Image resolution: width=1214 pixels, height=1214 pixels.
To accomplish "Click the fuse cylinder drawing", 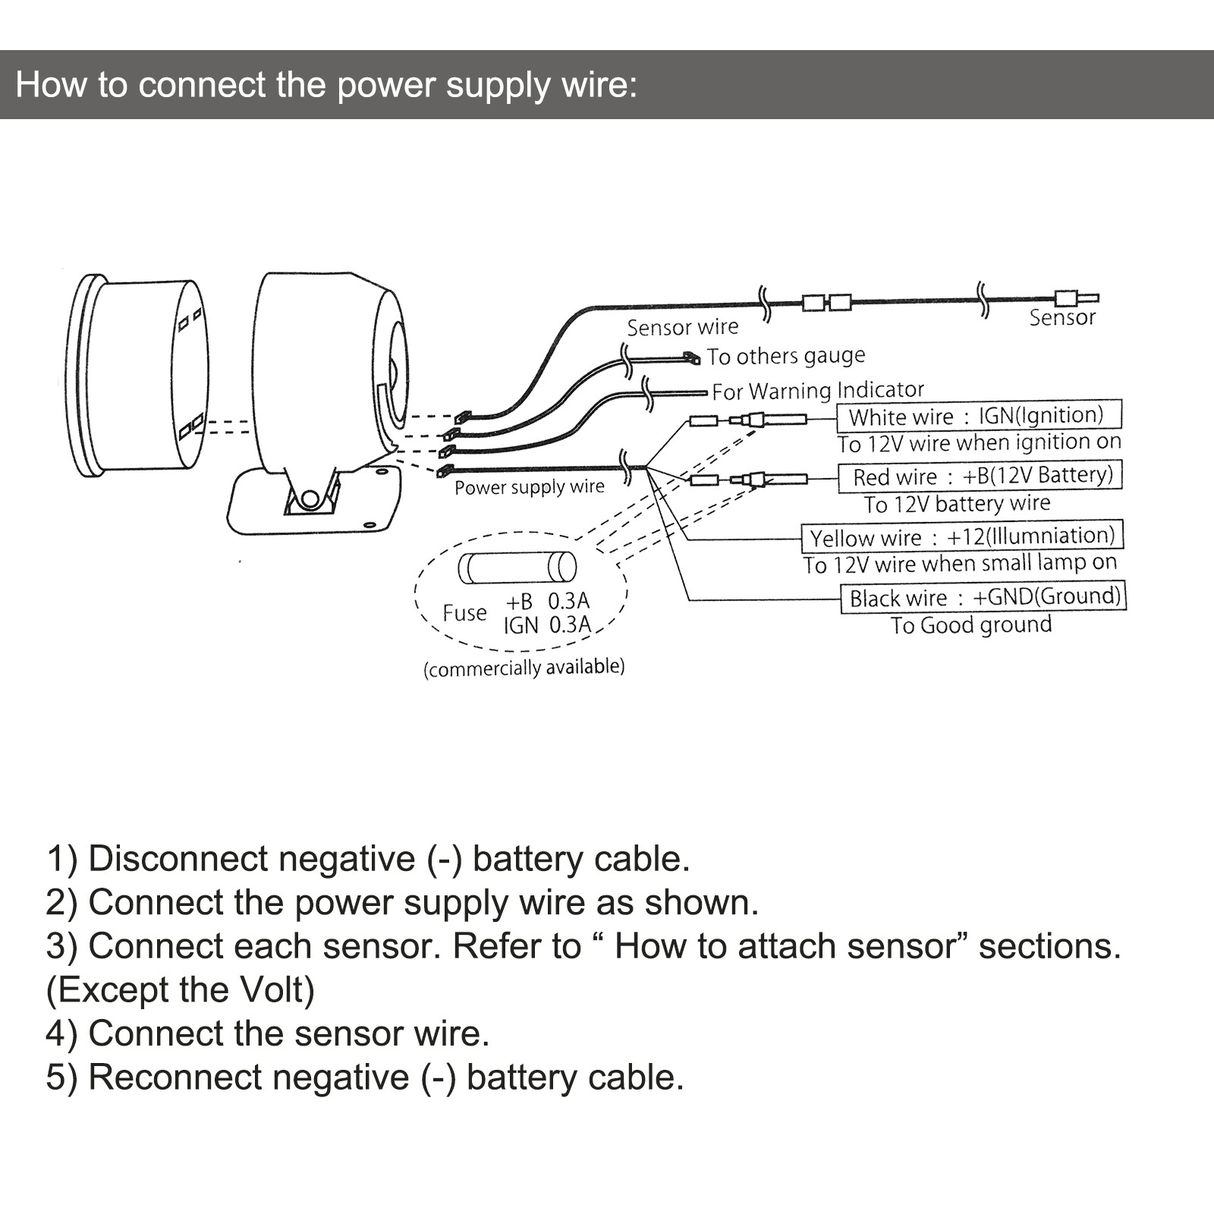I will (x=517, y=568).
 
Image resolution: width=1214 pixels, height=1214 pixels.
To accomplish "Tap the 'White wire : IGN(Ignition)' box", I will (x=978, y=416).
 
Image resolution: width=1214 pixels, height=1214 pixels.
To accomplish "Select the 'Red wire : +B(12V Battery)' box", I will (x=980, y=476).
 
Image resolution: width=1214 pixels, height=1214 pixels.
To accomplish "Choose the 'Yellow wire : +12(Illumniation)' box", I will (x=962, y=536).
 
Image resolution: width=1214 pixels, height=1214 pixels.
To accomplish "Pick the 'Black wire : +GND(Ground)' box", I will (x=983, y=597).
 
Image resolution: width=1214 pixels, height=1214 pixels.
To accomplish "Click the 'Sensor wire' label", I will (x=682, y=327).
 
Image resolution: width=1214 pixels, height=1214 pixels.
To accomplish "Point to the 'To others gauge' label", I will (x=785, y=356).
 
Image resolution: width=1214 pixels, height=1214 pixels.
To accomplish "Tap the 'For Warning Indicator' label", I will (x=817, y=391).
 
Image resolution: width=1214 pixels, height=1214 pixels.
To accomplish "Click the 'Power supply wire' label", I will (x=529, y=486).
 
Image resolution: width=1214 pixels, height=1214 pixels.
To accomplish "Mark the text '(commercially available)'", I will (x=524, y=668).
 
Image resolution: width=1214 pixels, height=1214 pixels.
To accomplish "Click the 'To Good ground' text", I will (x=970, y=625).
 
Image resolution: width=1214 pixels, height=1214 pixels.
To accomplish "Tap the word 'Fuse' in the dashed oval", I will (x=464, y=612).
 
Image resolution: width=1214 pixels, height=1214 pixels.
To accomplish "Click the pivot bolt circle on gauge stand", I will (x=310, y=498).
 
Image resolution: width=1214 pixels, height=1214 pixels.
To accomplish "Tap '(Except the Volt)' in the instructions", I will (x=180, y=990).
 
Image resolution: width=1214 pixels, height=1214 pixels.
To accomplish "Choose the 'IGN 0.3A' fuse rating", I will (x=547, y=625).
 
